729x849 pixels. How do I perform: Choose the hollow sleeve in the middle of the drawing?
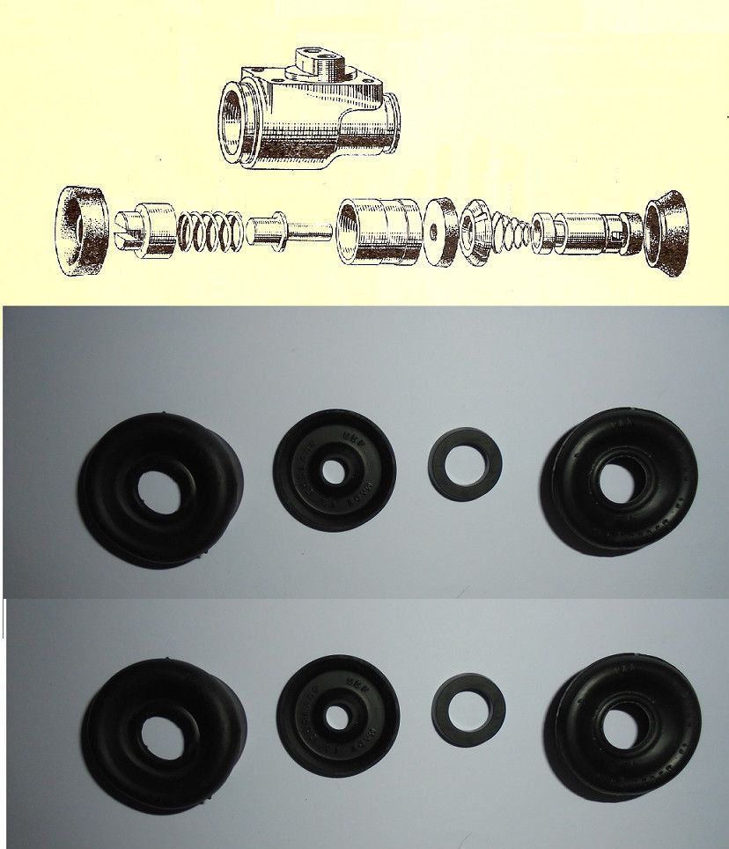(x=379, y=231)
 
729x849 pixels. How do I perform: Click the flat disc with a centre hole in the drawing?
(x=438, y=231)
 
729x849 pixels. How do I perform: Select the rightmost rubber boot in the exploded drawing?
(x=666, y=230)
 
